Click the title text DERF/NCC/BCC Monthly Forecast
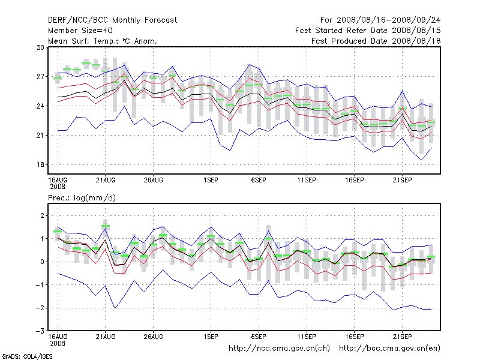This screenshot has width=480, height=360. coord(112,20)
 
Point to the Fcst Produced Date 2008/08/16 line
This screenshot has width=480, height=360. coord(376,41)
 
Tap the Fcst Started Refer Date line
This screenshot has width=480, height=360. coord(368,31)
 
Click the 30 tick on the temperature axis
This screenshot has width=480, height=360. coord(41,47)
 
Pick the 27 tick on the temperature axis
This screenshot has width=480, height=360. coord(41,77)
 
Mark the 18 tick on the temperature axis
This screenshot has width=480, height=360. coord(41,165)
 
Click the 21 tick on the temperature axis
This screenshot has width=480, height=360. coord(41,136)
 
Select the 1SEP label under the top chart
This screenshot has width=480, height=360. coord(211,179)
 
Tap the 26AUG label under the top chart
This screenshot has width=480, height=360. coord(153,179)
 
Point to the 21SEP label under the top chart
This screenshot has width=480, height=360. coord(402,179)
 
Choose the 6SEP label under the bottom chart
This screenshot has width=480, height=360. coord(259,337)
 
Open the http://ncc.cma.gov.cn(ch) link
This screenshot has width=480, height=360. coord(280,348)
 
